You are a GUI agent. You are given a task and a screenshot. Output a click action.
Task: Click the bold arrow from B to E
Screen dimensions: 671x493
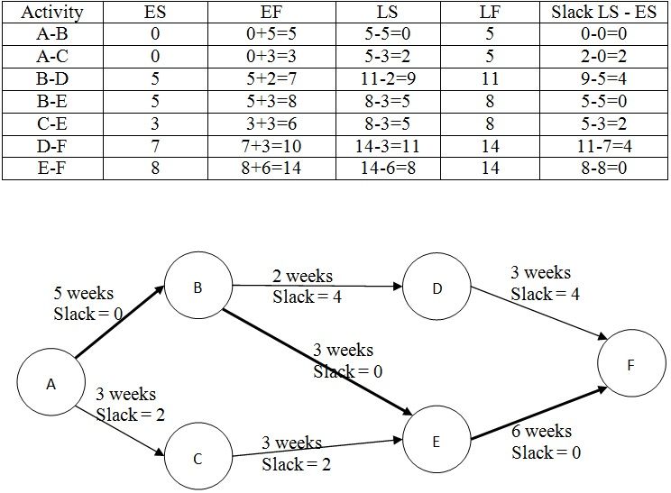point(317,361)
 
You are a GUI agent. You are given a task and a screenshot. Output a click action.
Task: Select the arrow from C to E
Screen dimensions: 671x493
point(317,448)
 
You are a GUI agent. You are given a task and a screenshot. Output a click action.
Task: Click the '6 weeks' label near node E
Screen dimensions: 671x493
point(541,431)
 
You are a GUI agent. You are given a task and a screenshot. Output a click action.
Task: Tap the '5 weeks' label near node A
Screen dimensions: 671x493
point(84,293)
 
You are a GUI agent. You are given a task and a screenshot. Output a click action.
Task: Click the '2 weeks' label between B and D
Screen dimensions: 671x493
point(302,276)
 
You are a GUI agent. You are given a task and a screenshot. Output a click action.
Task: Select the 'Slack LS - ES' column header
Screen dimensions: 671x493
point(603,12)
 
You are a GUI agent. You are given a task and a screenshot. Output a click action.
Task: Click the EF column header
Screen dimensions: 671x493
point(271,12)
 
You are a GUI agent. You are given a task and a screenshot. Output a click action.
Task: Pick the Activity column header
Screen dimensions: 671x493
point(52,12)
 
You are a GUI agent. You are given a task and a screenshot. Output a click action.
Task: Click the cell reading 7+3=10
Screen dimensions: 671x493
point(271,146)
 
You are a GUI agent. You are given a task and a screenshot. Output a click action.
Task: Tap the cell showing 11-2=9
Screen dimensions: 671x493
point(388,78)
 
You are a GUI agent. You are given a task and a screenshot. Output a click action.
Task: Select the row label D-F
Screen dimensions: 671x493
point(52,146)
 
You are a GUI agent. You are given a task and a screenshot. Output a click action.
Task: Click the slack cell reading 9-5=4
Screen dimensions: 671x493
point(603,78)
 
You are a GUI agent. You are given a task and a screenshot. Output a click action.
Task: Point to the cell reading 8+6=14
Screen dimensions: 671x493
point(271,168)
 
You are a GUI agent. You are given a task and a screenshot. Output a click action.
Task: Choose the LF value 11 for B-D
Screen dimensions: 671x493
point(490,78)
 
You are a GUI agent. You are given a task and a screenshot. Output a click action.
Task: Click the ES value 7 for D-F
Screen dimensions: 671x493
point(155,146)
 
